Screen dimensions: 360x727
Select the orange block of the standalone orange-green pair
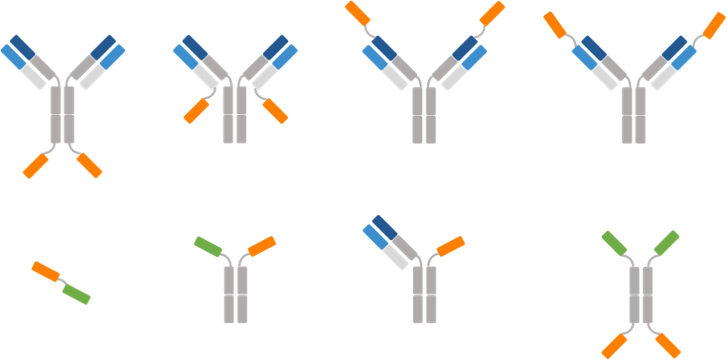[45, 271]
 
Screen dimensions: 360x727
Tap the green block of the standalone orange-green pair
[76, 294]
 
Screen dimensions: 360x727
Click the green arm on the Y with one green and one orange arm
[208, 246]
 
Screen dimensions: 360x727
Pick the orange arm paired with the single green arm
[262, 246]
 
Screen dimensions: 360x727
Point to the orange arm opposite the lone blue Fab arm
[451, 246]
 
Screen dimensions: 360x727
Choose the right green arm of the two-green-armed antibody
[666, 243]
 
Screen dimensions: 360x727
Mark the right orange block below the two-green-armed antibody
[667, 345]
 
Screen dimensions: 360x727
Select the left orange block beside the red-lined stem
[196, 111]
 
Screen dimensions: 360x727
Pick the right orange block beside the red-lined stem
[275, 111]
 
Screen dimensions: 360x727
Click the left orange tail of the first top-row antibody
[36, 165]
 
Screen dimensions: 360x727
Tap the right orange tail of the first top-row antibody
[90, 165]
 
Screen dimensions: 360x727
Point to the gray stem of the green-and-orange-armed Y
[236, 294]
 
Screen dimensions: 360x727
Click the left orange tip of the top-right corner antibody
[556, 24]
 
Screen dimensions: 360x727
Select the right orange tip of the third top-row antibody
[491, 13]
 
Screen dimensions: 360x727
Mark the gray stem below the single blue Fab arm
[425, 294]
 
